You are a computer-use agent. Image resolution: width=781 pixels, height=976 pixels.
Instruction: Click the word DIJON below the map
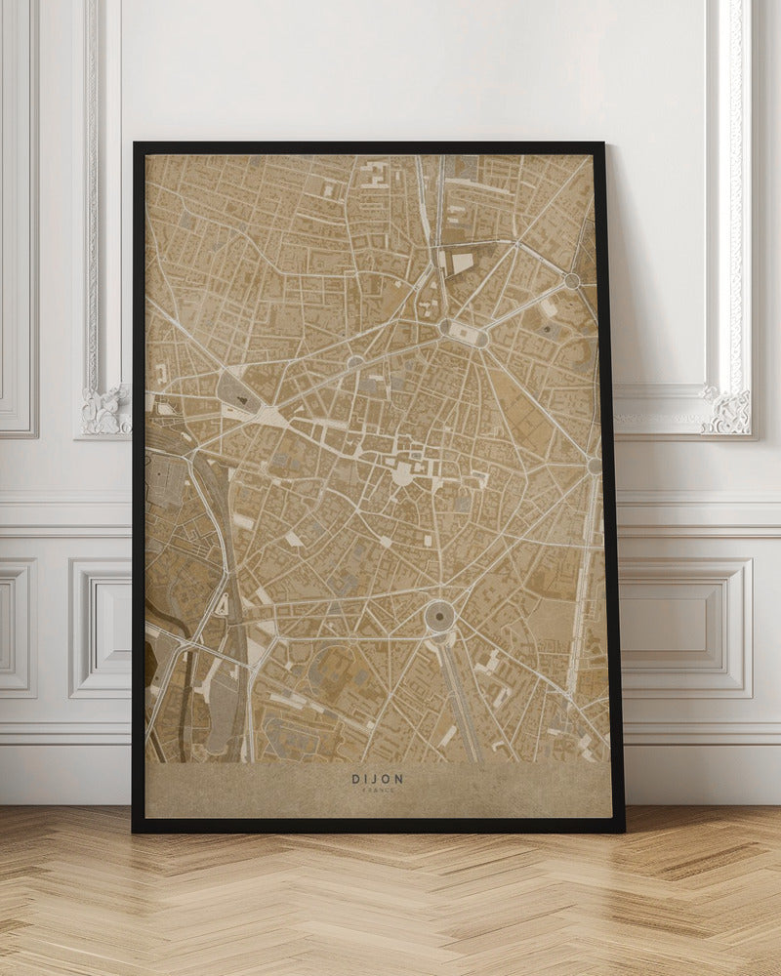(x=377, y=779)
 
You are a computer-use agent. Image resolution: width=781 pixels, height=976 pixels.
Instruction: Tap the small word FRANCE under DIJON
(x=377, y=790)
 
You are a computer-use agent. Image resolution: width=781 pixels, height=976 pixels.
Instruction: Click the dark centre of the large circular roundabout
(x=439, y=615)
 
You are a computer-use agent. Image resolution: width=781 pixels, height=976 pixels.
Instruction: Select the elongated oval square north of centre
(x=463, y=334)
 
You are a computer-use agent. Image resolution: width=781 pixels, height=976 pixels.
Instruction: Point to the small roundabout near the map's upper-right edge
(x=571, y=281)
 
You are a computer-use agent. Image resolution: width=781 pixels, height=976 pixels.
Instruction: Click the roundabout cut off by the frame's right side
(x=594, y=467)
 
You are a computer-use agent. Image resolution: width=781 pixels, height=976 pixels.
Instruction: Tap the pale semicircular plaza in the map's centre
(x=402, y=475)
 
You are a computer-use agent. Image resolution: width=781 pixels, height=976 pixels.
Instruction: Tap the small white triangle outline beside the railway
(x=223, y=605)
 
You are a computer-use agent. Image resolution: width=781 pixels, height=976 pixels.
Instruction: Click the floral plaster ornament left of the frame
(x=105, y=410)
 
